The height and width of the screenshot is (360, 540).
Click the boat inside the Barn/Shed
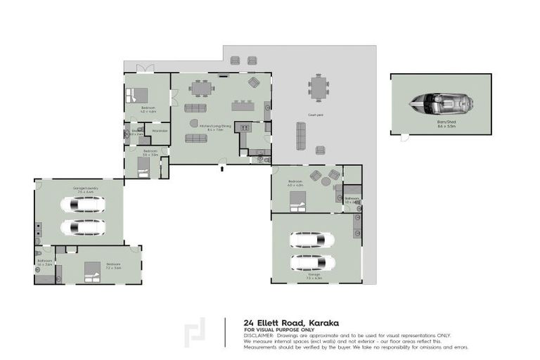(x=440, y=103)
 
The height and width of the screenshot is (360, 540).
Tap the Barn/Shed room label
(x=440, y=124)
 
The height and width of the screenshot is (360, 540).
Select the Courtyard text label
(x=315, y=115)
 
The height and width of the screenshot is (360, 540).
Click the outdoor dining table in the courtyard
(x=319, y=89)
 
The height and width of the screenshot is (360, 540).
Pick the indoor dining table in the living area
(x=201, y=88)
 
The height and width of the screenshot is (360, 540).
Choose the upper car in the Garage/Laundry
(x=82, y=204)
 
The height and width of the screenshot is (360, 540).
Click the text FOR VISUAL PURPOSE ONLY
(x=279, y=329)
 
